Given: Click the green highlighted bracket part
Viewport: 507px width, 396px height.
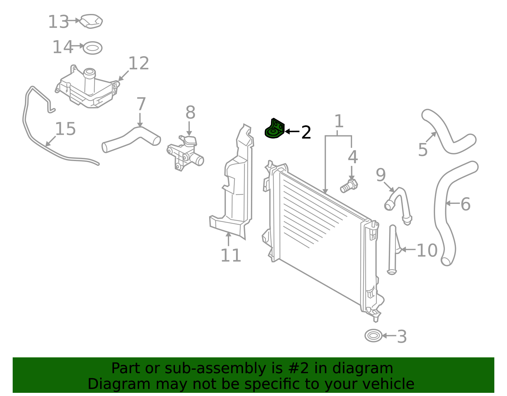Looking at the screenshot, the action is pos(274,129).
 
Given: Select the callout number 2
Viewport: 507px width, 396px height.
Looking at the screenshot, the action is pos(306,132).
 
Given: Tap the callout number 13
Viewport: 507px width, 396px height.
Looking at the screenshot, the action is pos(58,22).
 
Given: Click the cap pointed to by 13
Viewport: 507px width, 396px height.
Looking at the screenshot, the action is pos(91,21).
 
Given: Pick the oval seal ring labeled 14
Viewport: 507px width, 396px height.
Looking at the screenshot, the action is pos(93,48).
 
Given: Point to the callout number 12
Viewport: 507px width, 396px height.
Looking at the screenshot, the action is pos(138,63).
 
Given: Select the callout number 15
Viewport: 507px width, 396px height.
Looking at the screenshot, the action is pos(65,129).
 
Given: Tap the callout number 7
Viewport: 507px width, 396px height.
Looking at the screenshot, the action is pos(141,104).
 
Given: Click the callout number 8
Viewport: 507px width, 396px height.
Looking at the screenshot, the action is pos(190,112).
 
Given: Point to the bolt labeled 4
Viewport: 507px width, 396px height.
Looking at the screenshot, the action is pos(349,186).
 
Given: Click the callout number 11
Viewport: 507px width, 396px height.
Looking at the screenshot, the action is pos(230,255).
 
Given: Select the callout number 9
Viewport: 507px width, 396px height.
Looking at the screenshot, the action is pos(381,175).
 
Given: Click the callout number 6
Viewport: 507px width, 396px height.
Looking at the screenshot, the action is pos(465,204).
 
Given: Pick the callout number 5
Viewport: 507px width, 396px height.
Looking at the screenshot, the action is pos(423,150).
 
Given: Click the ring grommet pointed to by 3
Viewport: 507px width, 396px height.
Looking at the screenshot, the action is pos(373,335).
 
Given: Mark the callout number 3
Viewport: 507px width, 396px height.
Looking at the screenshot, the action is pos(402,336).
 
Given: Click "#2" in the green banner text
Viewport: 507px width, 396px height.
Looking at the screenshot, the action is pos(299,368).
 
